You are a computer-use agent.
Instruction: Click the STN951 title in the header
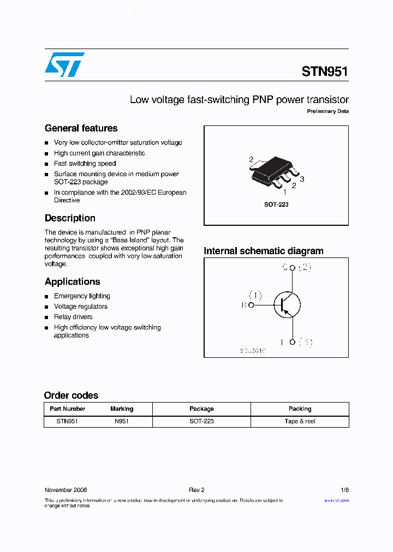pyautogui.click(x=325, y=71)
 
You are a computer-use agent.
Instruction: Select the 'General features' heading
pyautogui.click(x=81, y=128)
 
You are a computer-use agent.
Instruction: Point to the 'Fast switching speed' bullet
pyautogui.click(x=85, y=164)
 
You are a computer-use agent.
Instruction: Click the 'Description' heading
pyautogui.click(x=70, y=218)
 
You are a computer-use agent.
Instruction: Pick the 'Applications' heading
pyautogui.click(x=72, y=281)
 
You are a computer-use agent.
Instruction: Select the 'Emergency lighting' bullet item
pyautogui.click(x=82, y=296)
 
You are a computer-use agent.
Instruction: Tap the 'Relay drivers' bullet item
pyautogui.click(x=73, y=317)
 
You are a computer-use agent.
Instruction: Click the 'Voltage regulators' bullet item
pyautogui.click(x=81, y=307)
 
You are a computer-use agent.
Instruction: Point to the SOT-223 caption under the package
pyautogui.click(x=276, y=205)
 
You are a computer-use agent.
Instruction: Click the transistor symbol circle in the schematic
pyautogui.click(x=287, y=305)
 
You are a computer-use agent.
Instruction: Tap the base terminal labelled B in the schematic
pyautogui.click(x=251, y=305)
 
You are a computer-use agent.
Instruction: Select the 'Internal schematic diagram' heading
pyautogui.click(x=263, y=251)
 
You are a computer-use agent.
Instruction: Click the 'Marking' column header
pyautogui.click(x=122, y=409)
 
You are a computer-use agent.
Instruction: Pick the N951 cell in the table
pyautogui.click(x=122, y=421)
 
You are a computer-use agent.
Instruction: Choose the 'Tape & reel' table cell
pyautogui.click(x=300, y=421)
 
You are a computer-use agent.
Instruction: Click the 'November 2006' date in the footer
pyautogui.click(x=65, y=490)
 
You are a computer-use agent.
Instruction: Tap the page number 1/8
pyautogui.click(x=344, y=490)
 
